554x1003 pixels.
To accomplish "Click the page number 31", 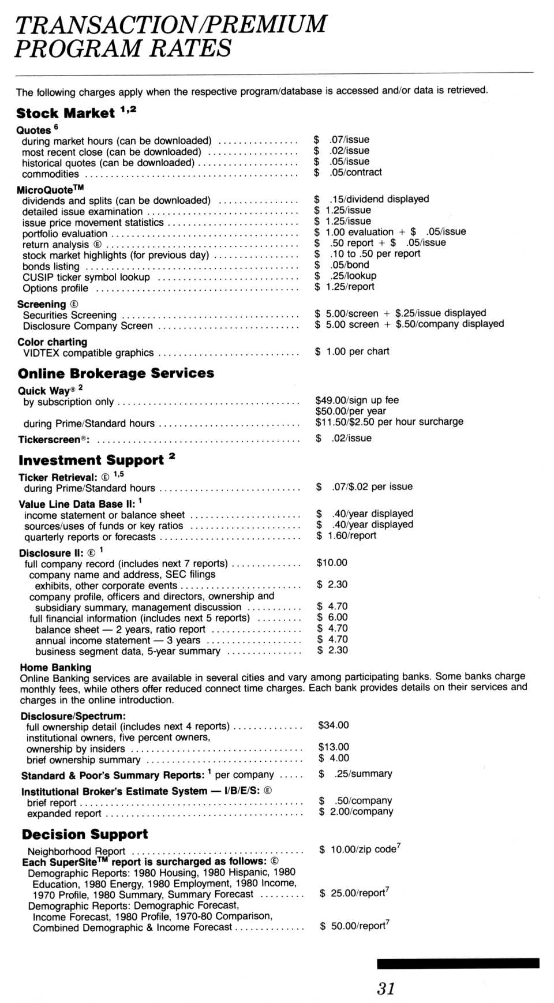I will [386, 989].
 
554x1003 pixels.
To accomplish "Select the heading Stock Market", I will [65, 113].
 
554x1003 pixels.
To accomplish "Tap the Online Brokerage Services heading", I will [116, 373].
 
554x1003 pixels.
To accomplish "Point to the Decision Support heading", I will [85, 834].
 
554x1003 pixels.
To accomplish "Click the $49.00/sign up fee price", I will [357, 400].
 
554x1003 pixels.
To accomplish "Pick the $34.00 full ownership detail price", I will [334, 725].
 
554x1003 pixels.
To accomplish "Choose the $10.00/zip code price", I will [360, 849].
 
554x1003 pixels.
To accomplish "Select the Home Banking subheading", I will [55, 667].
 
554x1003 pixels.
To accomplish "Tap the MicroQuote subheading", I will [50, 190].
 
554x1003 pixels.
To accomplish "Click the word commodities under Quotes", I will [50, 174].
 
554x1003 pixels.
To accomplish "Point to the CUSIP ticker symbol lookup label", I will [86, 278].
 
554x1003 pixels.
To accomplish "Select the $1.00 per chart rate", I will [352, 351].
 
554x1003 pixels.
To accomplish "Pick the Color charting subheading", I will [52, 342].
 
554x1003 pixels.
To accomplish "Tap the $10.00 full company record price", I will [332, 563].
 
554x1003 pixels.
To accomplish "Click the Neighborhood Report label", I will [76, 851].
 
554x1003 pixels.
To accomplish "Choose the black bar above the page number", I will [458, 963].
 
